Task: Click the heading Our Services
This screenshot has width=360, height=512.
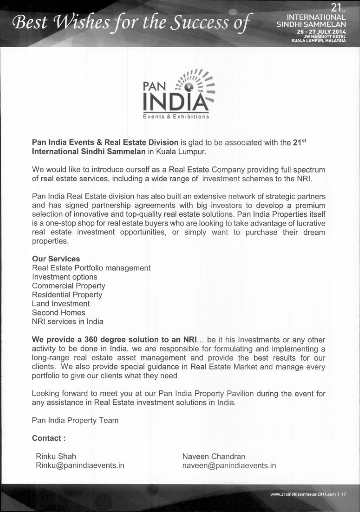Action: [x=56, y=259]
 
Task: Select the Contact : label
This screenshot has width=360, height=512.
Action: [x=49, y=438]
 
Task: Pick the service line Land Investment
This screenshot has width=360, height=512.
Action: [x=61, y=304]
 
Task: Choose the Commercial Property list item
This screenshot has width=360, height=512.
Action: [x=69, y=286]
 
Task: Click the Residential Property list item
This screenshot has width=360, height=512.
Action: [x=67, y=295]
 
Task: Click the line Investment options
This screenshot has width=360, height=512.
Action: [x=65, y=277]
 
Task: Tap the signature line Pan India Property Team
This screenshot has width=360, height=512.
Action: [x=76, y=420]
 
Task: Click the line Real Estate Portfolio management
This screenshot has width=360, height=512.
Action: [x=91, y=268]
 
